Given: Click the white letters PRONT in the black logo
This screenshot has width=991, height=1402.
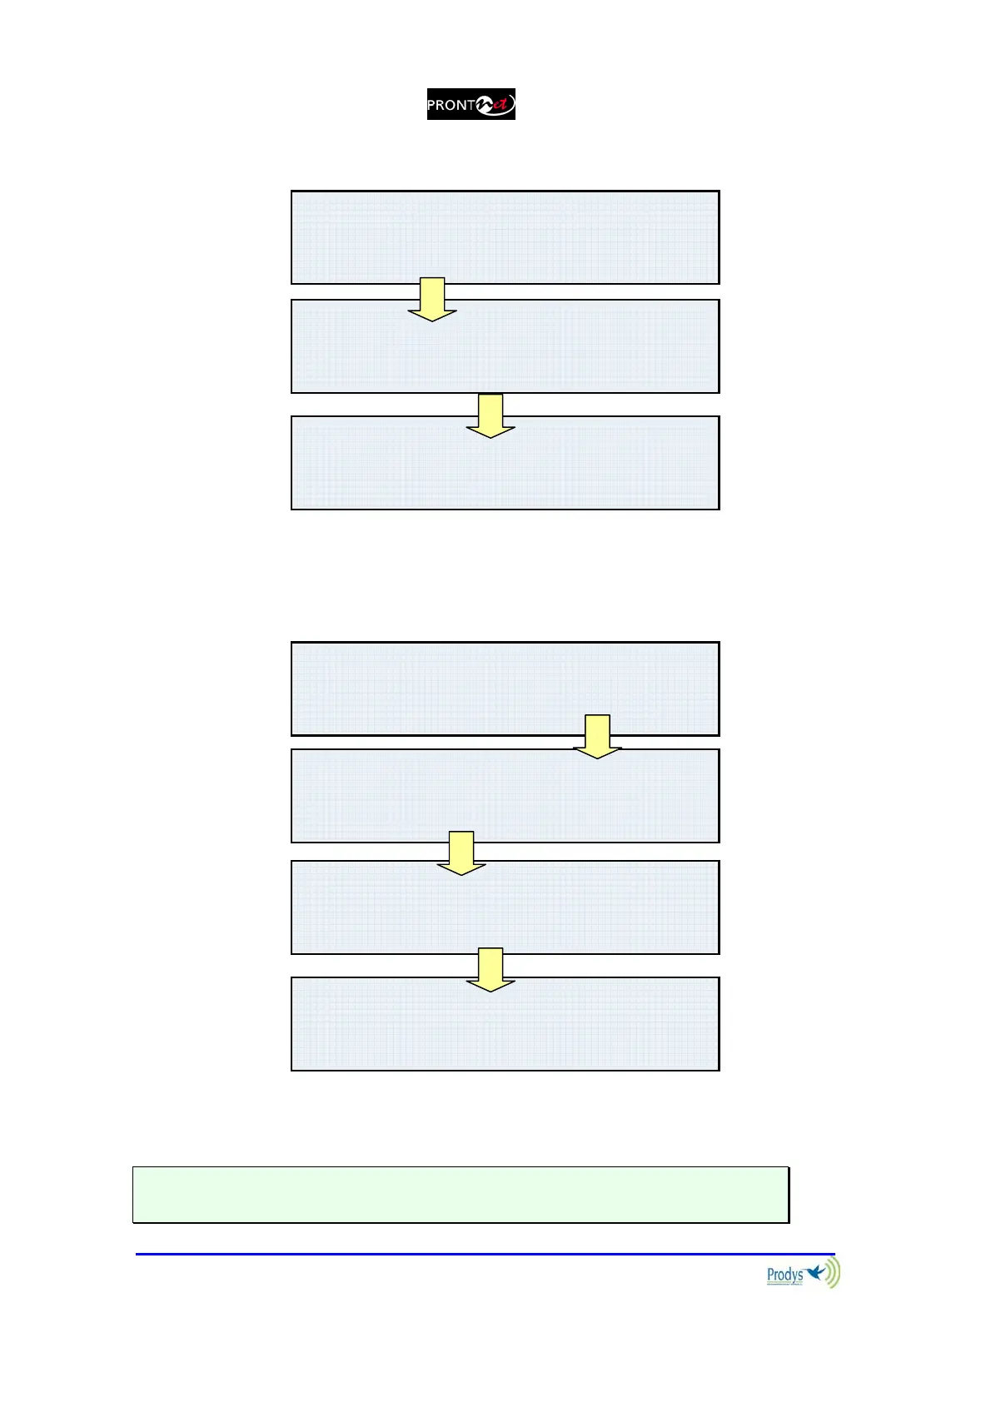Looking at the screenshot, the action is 450,106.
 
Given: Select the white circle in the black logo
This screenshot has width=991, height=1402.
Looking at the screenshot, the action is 486,105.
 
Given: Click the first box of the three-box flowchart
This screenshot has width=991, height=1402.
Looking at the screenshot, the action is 505,237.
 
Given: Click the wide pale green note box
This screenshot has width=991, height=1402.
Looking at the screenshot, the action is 461,1195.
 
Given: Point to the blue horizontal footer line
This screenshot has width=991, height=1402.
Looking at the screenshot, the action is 485,1254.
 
